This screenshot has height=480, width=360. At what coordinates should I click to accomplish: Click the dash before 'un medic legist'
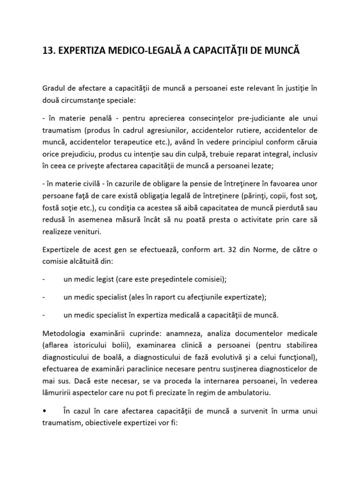(44, 279)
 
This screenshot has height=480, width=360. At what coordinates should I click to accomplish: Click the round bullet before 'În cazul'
(44, 411)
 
